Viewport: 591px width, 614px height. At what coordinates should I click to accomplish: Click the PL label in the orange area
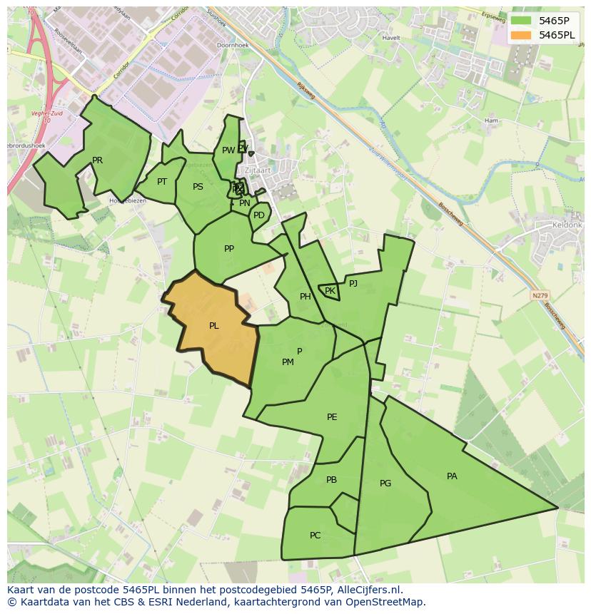pos(213,326)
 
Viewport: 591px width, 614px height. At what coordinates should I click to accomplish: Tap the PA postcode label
pos(452,476)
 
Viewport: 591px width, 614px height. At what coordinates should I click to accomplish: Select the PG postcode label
pos(385,483)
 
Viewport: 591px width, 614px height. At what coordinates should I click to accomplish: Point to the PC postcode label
pos(315,536)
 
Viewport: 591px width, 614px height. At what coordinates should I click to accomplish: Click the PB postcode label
pos(331,480)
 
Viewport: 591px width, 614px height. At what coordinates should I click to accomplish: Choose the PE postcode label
pos(332,417)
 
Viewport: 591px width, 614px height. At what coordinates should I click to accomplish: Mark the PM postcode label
pos(288,362)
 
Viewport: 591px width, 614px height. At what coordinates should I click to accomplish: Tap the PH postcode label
pos(305,297)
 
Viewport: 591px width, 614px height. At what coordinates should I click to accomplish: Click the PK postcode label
pos(330,291)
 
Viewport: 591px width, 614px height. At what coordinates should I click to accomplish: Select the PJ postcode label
pos(353,283)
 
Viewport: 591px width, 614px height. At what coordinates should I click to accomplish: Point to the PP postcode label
pos(229,249)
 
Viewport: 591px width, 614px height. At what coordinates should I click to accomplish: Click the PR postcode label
pos(97,160)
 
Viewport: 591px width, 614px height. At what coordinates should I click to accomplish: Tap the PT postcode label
pos(162,182)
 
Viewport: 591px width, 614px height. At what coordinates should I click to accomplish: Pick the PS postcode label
pos(198,187)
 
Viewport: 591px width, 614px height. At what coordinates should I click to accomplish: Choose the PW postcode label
pos(228,150)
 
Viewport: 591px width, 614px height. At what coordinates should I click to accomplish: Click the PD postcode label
pos(259,215)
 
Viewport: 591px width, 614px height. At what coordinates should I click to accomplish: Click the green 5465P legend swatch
pos(521,21)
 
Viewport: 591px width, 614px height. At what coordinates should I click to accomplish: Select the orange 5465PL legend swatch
pos(521,35)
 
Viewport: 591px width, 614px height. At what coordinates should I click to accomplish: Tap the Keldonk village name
pos(567,225)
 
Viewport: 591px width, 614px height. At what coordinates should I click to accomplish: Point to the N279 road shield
pos(540,295)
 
